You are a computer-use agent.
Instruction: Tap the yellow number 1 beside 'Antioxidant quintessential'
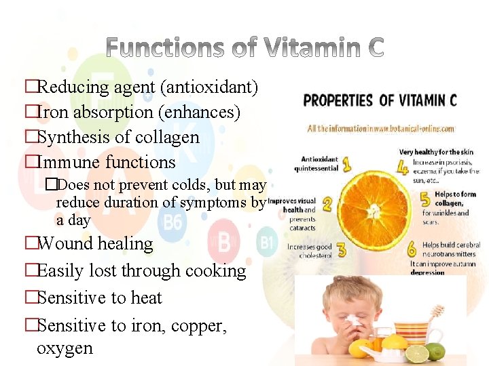click(x=347, y=163)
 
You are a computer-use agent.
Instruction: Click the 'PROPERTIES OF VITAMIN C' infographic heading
click(x=380, y=101)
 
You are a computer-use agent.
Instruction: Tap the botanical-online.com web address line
click(x=380, y=128)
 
